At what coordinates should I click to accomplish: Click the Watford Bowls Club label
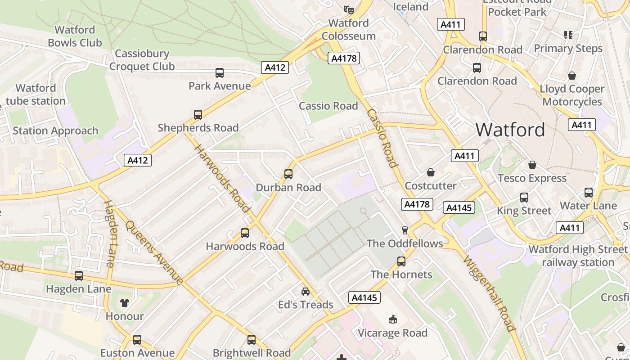click(x=75, y=36)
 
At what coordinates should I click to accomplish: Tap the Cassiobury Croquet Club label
click(x=142, y=60)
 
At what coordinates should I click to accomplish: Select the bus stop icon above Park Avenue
click(x=220, y=73)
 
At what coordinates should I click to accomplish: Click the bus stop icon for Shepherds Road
click(x=198, y=115)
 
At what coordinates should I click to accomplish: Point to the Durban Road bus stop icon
click(x=288, y=174)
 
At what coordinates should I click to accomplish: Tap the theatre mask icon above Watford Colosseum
click(x=348, y=9)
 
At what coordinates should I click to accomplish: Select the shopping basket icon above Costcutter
click(x=431, y=172)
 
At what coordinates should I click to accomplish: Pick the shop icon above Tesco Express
click(x=532, y=165)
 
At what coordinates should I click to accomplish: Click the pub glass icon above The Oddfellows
click(x=405, y=230)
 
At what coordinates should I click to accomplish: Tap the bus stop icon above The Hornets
click(x=401, y=261)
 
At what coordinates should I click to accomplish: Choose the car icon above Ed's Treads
click(x=306, y=292)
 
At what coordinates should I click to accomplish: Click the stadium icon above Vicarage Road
click(x=392, y=319)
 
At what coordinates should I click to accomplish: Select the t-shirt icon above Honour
click(x=125, y=303)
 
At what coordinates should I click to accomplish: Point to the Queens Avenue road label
click(x=154, y=252)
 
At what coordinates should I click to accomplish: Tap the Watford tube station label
click(x=36, y=94)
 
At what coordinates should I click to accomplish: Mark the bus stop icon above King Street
click(x=524, y=198)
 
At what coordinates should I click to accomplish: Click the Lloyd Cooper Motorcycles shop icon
click(x=572, y=76)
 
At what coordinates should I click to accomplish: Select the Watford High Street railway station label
click(x=578, y=256)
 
